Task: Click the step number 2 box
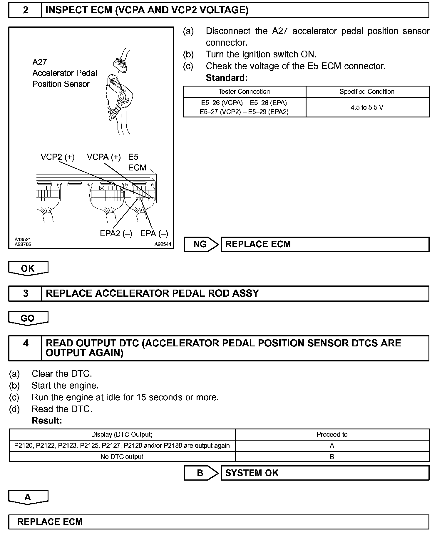pos(25,10)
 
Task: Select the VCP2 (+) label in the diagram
pos(58,157)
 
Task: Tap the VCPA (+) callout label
pos(104,157)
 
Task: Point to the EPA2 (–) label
pos(116,233)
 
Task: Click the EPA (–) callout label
pos(154,233)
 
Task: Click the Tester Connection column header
pos(244,92)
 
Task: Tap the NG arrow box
pos(201,244)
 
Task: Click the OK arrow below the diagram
pos(28,268)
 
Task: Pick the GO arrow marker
pos(28,318)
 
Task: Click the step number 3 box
pos(26,293)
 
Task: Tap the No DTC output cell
pos(122,456)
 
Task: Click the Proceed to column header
pos(332,434)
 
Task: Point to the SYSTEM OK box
pos(325,473)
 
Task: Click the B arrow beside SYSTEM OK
pos(201,473)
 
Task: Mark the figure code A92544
pos(163,244)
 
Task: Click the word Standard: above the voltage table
pos(227,78)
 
